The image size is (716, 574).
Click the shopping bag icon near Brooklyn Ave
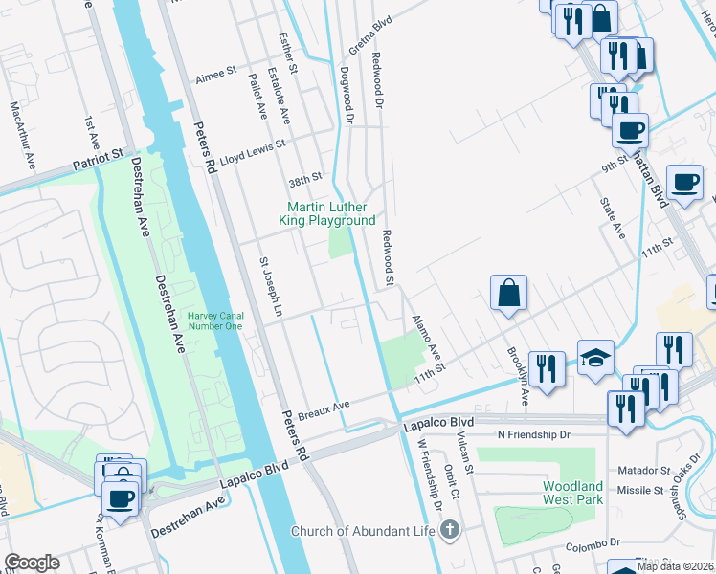coord(509,293)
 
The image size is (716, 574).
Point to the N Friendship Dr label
coord(532,434)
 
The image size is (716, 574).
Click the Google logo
coord(32,563)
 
